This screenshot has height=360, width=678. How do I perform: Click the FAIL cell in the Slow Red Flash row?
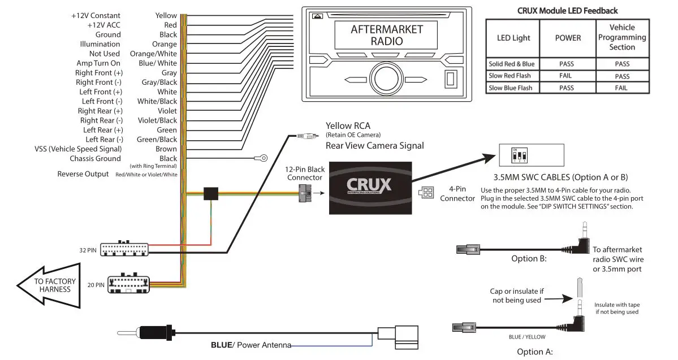[x=567, y=76]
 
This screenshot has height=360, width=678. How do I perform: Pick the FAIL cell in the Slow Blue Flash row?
[x=621, y=88]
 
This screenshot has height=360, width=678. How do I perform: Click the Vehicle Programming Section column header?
[x=621, y=37]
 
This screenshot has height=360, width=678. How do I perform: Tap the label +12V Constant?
[x=96, y=16]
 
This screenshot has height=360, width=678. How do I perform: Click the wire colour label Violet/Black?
[x=157, y=120]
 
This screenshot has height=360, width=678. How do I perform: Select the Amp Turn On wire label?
[x=99, y=63]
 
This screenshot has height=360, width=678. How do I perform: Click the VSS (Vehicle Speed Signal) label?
[x=78, y=149]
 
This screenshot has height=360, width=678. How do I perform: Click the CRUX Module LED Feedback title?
[x=567, y=10]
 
